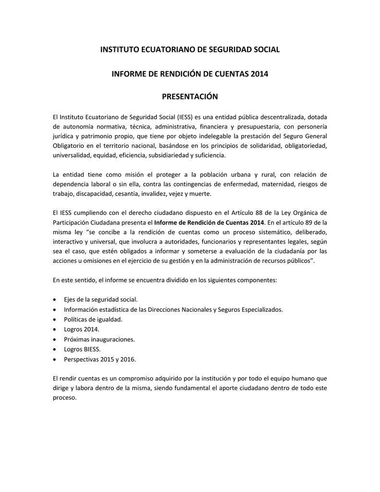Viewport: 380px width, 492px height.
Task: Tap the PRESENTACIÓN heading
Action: (x=190, y=97)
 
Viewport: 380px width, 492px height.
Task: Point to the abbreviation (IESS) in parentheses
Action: (x=185, y=117)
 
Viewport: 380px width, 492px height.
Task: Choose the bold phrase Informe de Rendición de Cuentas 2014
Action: (x=209, y=222)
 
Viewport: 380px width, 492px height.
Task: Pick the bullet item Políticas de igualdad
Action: (x=93, y=320)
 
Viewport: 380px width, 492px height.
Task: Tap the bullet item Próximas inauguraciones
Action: (x=99, y=339)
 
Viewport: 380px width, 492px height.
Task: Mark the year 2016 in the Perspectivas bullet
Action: (x=129, y=358)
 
